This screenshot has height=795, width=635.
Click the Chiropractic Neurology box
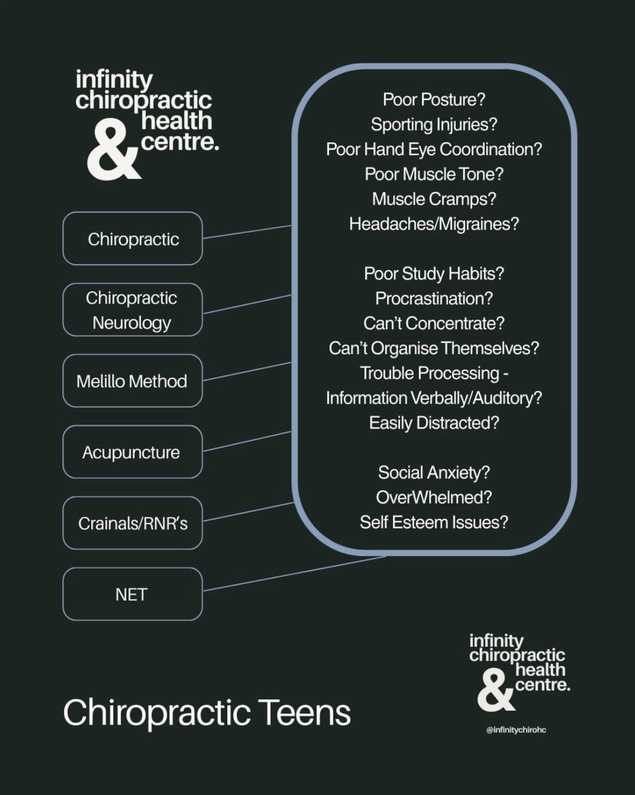(x=132, y=309)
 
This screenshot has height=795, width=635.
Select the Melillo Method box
(x=132, y=381)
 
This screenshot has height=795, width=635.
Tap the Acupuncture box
(x=132, y=452)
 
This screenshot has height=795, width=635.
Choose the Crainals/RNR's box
(x=132, y=523)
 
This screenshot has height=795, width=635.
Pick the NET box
(x=132, y=594)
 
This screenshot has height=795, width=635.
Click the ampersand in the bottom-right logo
(x=495, y=691)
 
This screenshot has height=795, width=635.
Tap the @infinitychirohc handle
(x=516, y=730)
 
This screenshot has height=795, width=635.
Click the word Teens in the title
(x=304, y=712)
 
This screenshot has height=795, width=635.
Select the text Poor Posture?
(x=434, y=100)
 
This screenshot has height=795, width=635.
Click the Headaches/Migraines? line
(x=434, y=224)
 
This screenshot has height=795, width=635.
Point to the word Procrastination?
(x=434, y=299)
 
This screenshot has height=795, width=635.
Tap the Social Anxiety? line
(x=434, y=472)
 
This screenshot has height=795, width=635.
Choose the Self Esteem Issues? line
(x=434, y=522)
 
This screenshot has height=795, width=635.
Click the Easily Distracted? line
(x=434, y=423)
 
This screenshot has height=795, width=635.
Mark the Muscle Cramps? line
(x=434, y=199)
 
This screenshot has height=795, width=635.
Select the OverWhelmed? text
(x=434, y=497)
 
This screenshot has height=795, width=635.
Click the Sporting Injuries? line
(x=434, y=125)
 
